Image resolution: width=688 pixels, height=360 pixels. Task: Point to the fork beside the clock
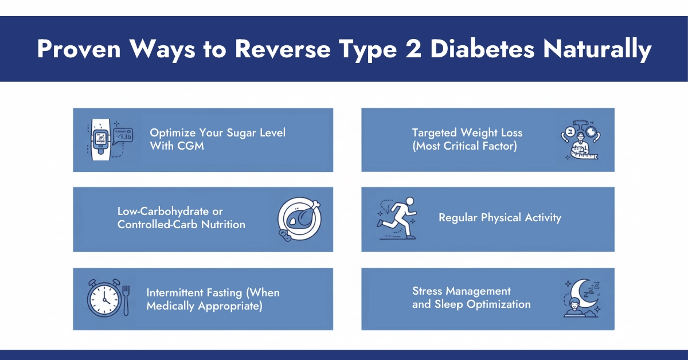tap(126, 298)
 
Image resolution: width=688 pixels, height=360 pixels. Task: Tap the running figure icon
tap(394, 218)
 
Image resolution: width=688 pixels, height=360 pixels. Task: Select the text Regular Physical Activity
tap(500, 218)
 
